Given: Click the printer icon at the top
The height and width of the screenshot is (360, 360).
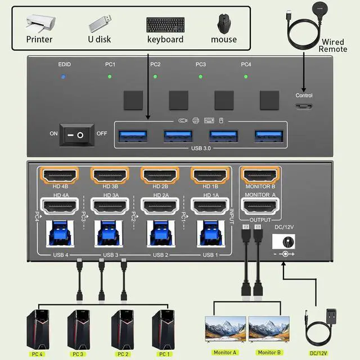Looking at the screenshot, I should point(39,22).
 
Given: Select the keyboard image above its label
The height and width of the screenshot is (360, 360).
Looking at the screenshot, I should point(165,24).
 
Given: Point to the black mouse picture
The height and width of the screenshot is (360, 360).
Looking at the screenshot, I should point(224,24).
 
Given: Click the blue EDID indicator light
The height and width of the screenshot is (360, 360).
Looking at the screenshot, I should point(64,76).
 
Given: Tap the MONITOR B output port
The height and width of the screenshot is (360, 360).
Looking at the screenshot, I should point(260,175).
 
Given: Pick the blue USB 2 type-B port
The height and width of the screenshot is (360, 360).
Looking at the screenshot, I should point(159,234).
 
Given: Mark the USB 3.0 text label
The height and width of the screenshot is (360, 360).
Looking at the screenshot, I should point(201,149).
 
